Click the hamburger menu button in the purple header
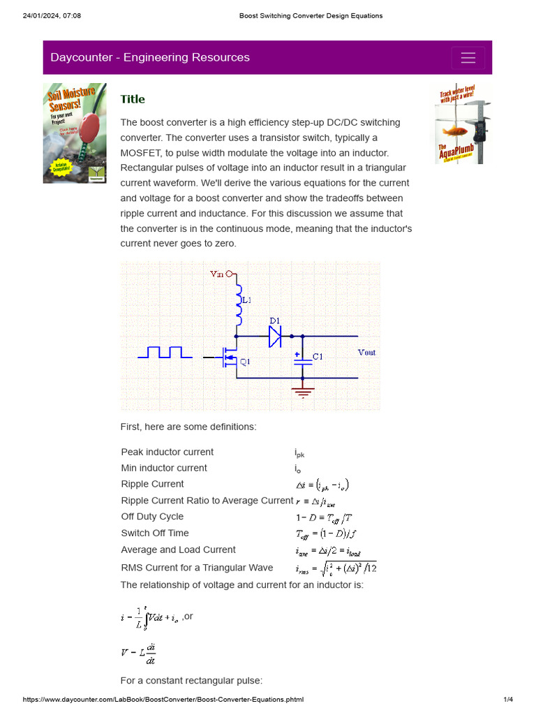pos(468,58)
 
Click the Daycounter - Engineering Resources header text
pos(150,58)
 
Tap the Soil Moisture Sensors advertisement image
pos(75,133)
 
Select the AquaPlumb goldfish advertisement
pos(463,124)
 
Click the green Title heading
pos(133,99)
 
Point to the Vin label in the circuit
pos(218,274)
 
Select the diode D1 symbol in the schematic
pos(274,336)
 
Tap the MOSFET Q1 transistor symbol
pos(228,359)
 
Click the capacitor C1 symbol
pos(302,357)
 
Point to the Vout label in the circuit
pos(366,353)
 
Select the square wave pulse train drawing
pos(165,352)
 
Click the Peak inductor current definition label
pos(167,452)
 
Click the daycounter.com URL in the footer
pos(163,700)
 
